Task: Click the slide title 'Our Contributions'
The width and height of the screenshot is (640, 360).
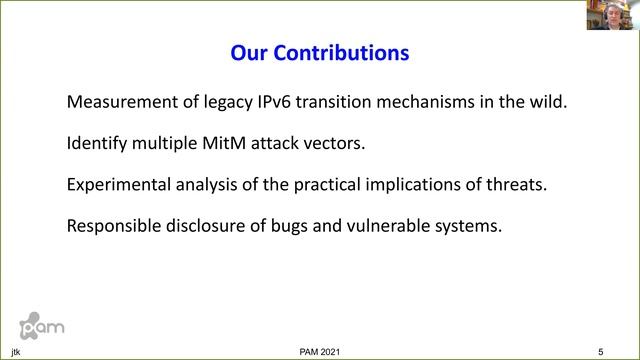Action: click(319, 52)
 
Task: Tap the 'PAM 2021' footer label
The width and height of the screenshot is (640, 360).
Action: click(319, 352)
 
